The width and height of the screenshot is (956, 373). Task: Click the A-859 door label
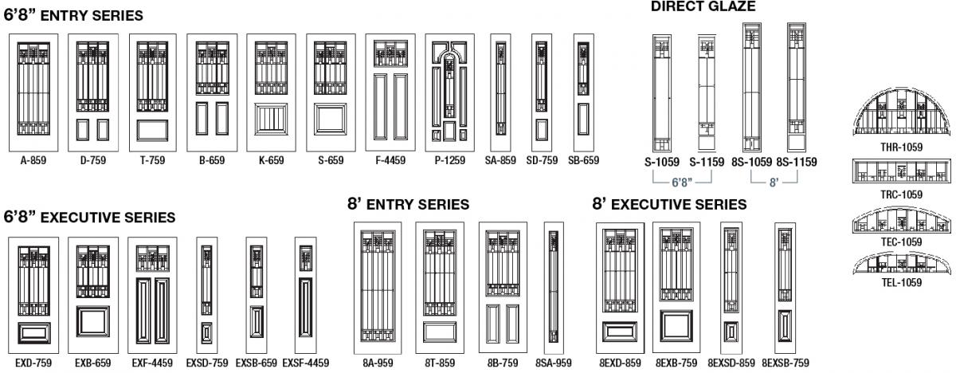click(x=33, y=160)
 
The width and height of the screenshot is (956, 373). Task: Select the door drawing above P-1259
click(x=449, y=92)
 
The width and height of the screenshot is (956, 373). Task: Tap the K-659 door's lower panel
click(x=271, y=119)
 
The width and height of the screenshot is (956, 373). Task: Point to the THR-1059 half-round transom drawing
click(x=902, y=112)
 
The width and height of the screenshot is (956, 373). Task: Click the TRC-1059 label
click(x=901, y=194)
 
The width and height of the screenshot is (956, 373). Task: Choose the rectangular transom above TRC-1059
click(x=902, y=171)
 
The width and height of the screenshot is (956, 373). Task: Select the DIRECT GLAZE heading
click(x=703, y=6)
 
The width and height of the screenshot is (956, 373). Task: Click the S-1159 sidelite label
click(x=707, y=162)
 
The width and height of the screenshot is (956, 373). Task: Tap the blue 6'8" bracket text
click(x=682, y=183)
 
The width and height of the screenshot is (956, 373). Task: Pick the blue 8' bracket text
click(x=774, y=183)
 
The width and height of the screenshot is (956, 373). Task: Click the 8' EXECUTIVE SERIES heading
click(x=669, y=204)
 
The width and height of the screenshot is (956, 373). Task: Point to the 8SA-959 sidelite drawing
click(x=554, y=288)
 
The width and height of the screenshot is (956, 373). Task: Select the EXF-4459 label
click(x=152, y=363)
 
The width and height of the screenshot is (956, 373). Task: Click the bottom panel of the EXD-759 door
click(x=34, y=333)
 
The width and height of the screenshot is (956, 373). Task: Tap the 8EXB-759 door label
click(x=676, y=363)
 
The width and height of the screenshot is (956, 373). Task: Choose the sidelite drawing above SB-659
click(x=583, y=92)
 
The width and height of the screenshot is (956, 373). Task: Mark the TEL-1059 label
click(x=902, y=282)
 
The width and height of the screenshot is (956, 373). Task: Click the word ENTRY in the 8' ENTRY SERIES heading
click(x=390, y=205)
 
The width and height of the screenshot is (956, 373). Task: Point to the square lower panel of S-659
click(x=331, y=119)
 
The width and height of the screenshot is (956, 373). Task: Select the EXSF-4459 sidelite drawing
click(x=306, y=296)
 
